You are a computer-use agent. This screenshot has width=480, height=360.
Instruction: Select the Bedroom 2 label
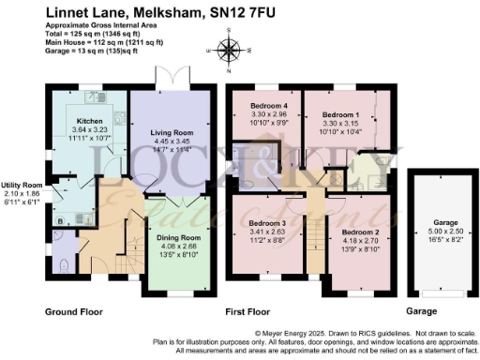360,231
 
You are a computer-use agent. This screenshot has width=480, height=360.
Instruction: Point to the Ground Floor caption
74,310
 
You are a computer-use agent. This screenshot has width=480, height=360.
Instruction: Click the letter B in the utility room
61,221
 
